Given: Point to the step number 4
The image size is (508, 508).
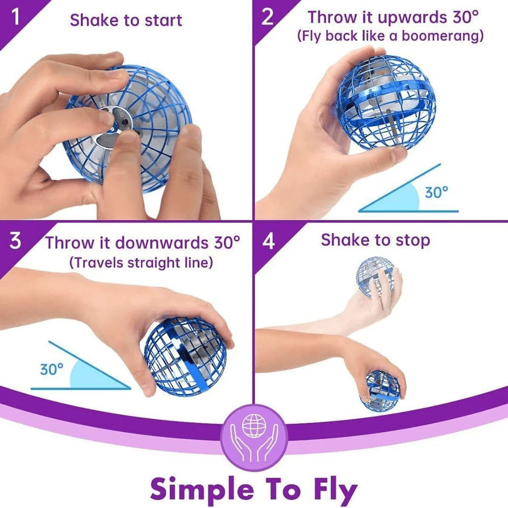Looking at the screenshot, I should (x=268, y=241).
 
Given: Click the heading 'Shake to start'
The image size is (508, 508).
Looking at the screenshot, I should (x=126, y=20).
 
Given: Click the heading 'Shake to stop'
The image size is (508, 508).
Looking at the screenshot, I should (x=375, y=240).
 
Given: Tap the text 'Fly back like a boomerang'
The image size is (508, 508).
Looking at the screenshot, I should (x=391, y=37).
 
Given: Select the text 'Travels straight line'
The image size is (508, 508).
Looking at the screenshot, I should (x=142, y=262).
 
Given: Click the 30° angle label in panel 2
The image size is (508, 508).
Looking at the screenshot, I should (x=436, y=193).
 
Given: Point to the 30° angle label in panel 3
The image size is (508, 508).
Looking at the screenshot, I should (x=52, y=369).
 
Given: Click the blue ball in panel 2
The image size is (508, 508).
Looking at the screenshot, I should (x=386, y=104).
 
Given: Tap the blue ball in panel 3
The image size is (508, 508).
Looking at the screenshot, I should (x=184, y=356).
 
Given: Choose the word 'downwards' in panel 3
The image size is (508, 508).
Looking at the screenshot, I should (x=161, y=242).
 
